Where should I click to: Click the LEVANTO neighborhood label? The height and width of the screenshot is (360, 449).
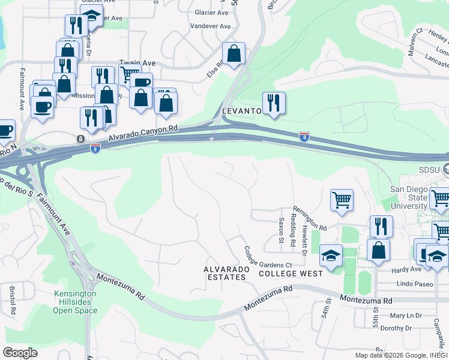tap(242, 111)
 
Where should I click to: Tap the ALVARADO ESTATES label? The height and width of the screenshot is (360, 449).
tap(226, 274)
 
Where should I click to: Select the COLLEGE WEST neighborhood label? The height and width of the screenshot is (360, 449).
tap(291, 274)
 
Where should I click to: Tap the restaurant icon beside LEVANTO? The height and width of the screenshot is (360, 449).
tap(274, 103)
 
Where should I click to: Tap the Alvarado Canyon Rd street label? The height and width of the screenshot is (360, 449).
tap(144, 133)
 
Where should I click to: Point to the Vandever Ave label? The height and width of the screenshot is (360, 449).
tap(210, 26)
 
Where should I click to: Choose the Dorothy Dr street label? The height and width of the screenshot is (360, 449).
tap(396, 328)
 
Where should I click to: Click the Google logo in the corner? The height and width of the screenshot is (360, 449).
tap(20, 353)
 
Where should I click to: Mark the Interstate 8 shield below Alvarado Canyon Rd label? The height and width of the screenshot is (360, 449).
tap(95, 148)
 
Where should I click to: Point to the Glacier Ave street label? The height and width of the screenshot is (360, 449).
tap(211, 12)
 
